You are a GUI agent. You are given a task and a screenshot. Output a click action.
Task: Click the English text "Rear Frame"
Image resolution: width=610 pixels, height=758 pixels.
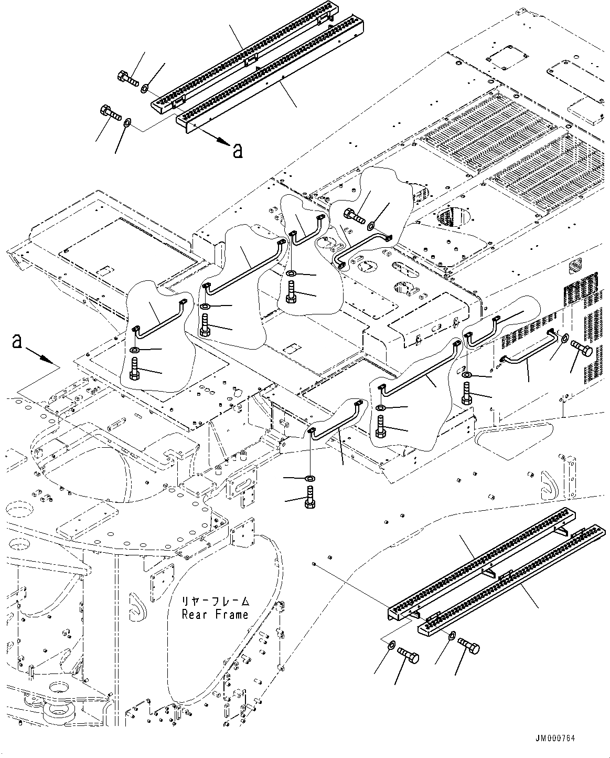click(215, 614)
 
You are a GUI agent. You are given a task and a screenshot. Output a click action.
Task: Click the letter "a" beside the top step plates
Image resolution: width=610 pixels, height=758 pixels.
click(238, 151)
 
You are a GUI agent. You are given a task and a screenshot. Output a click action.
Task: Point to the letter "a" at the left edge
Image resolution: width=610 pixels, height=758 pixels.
click(17, 342)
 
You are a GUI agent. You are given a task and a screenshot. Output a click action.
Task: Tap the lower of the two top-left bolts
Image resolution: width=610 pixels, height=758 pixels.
click(109, 112)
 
